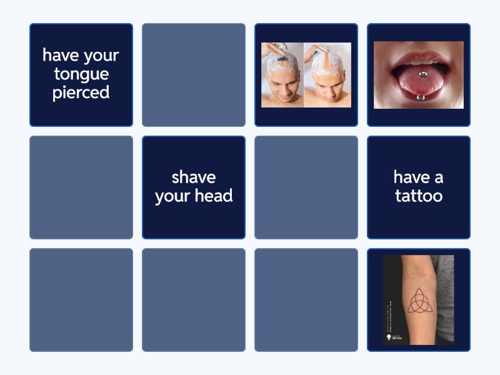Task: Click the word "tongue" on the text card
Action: [81, 74]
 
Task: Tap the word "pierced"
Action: [81, 93]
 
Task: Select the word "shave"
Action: [194, 177]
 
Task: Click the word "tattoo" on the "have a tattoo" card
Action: [419, 196]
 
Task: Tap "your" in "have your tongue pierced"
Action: [100, 56]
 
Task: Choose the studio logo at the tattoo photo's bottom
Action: [394, 337]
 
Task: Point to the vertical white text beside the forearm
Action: [389, 294]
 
